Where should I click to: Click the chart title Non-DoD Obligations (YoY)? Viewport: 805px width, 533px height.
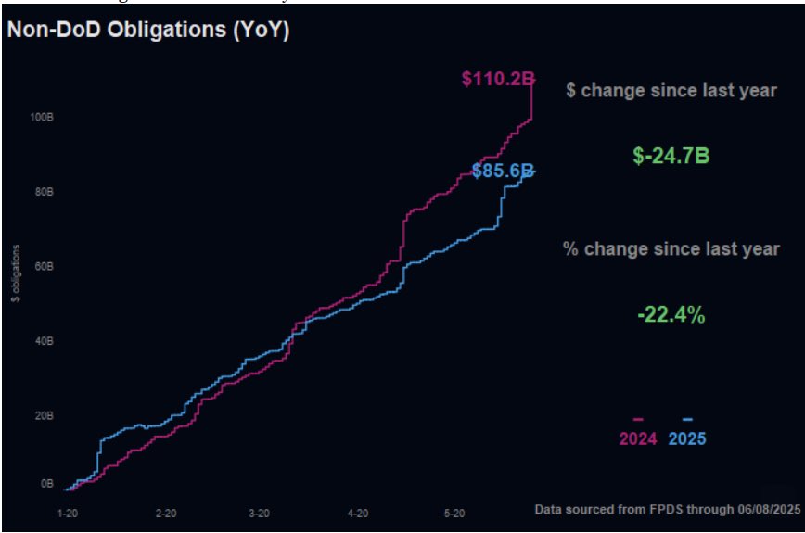(148, 30)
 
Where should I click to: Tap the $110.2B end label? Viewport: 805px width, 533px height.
(499, 80)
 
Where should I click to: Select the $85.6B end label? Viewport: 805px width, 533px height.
(503, 171)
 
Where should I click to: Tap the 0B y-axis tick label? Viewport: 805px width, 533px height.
(45, 483)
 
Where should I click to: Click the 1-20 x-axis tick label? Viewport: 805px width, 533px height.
(67, 513)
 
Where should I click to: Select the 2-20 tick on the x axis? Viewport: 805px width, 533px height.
(165, 513)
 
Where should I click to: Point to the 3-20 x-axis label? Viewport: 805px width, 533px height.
(260, 513)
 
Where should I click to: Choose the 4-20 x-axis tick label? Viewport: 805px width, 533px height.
(358, 513)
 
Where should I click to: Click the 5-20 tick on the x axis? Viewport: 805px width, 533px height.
(454, 513)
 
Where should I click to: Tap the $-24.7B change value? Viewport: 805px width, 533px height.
(671, 156)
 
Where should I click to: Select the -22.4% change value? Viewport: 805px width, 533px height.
(671, 315)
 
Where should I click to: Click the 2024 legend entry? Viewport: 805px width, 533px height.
(638, 438)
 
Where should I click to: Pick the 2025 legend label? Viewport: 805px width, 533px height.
(687, 438)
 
